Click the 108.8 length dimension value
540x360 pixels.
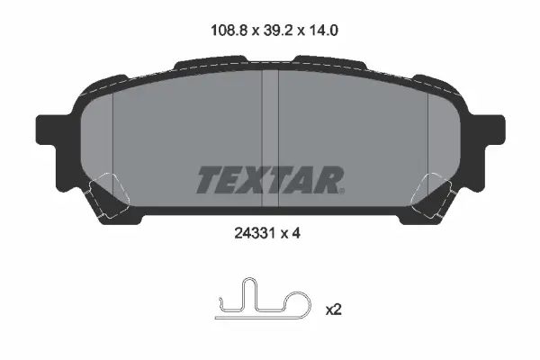(x=229, y=31)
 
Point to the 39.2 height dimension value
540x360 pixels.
(x=278, y=31)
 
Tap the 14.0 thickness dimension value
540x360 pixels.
(x=323, y=31)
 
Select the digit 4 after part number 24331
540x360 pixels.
(x=296, y=234)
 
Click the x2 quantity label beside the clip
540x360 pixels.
(x=333, y=310)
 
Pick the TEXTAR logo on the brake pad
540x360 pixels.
(x=270, y=180)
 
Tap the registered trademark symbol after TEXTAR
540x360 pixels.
(x=341, y=191)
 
